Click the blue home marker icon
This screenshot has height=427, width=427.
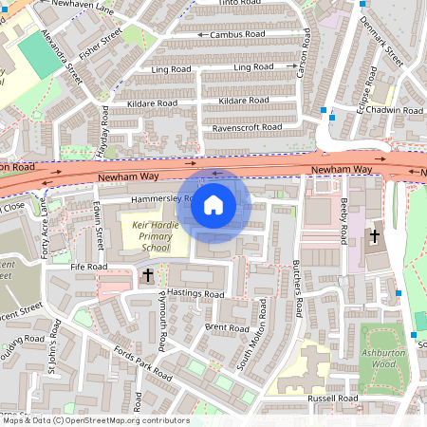pos(213,204)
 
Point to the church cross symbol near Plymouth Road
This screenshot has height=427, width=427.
pos(147,275)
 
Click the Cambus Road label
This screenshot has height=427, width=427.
pos(237,34)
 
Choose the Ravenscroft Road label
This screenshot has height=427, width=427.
pos(247,127)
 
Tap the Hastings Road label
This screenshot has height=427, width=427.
pos(195,295)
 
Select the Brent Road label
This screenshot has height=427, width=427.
pos(227,327)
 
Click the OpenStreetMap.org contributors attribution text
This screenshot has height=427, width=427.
pos(123,420)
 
